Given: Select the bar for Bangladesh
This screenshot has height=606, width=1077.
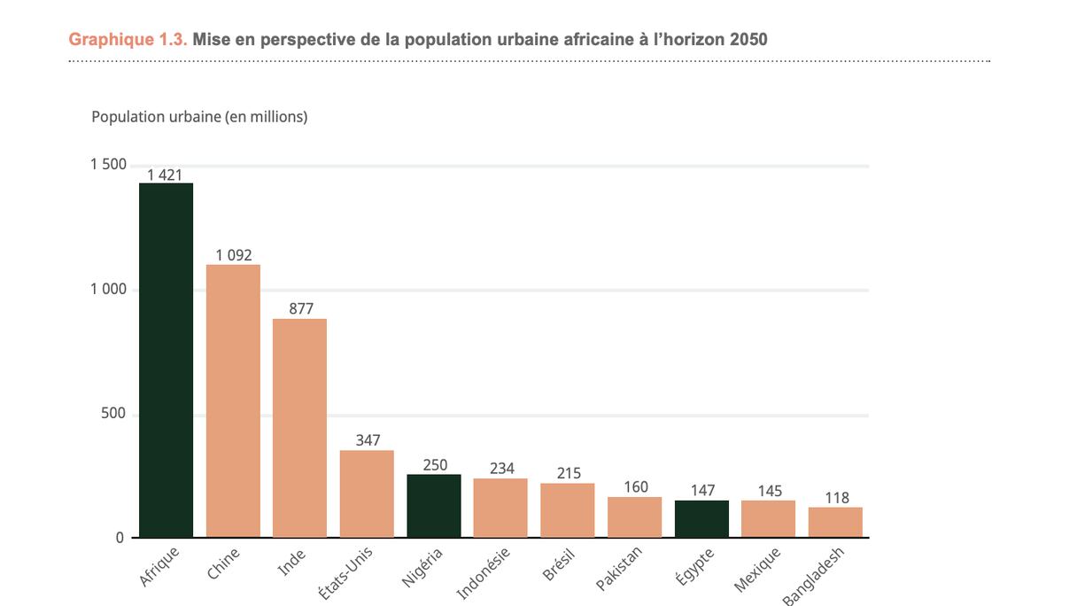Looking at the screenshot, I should coord(835,522).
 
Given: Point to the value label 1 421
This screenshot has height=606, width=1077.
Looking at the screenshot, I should coord(165,175).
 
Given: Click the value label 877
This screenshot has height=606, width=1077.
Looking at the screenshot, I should coord(301,309).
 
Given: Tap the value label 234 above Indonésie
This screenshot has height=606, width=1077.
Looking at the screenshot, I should coord(501,469).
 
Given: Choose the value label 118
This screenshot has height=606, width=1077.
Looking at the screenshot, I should coord(835,498).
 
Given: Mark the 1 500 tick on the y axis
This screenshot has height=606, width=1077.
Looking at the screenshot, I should coord(108,165).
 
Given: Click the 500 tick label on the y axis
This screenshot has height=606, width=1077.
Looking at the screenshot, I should coord(113,414).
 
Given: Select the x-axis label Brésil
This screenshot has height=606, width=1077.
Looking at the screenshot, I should coord(559,564).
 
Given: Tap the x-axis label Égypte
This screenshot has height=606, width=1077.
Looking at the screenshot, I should coord(694,566).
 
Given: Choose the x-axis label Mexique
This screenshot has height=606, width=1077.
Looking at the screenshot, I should coord(758,570).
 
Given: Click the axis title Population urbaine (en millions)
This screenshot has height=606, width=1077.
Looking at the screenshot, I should coord(199,117).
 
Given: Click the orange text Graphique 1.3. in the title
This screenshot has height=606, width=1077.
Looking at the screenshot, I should coord(128,40).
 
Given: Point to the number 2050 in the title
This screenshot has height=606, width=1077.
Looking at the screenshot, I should coord(748,40).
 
